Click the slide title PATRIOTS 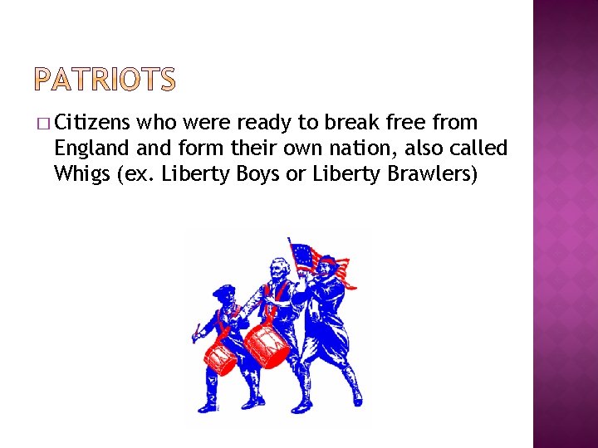(x=106, y=80)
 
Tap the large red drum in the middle (x=267, y=343)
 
